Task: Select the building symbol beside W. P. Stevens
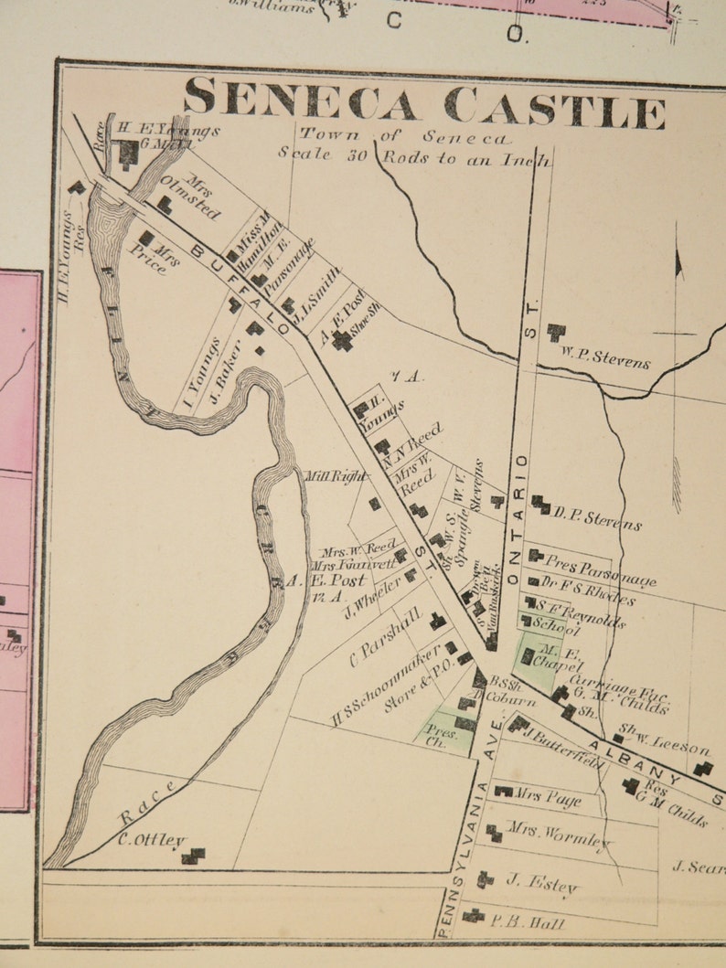point(556,332)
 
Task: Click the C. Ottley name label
point(150,840)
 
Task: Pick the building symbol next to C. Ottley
point(192,856)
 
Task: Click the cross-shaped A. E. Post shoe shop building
point(342,340)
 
